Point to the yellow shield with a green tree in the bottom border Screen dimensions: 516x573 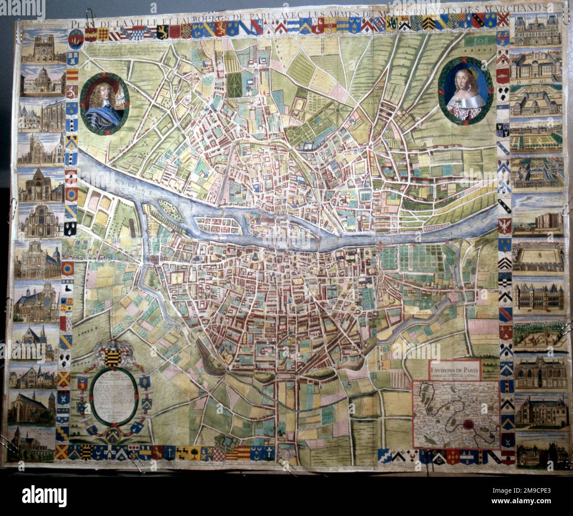tap(192, 451)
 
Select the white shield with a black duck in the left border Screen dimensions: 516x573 tap(68, 288)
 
